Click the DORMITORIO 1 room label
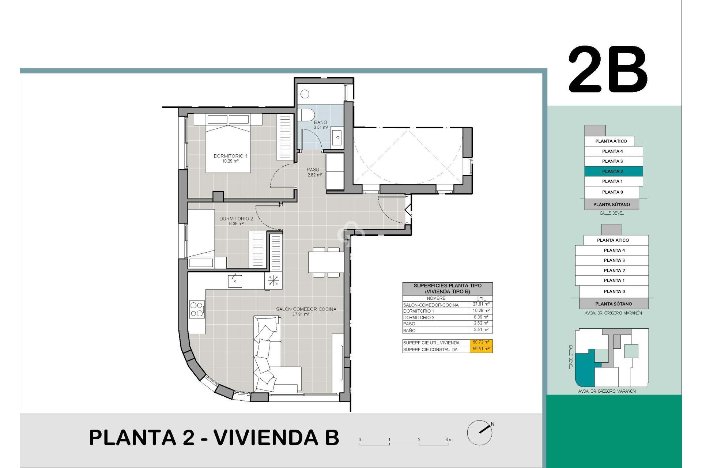pyautogui.click(x=230, y=156)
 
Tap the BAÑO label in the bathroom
pyautogui.click(x=320, y=122)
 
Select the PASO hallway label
pyautogui.click(x=313, y=170)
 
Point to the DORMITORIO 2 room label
pyautogui.click(x=236, y=219)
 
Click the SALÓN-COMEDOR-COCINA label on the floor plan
pyautogui.click(x=306, y=309)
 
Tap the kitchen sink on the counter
pyautogui.click(x=235, y=281)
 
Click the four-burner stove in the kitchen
pyautogui.click(x=197, y=309)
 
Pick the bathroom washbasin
pyautogui.click(x=337, y=137)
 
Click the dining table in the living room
pyautogui.click(x=326, y=262)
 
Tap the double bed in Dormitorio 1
pyautogui.click(x=228, y=148)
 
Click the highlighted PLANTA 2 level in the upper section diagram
pyautogui.click(x=613, y=171)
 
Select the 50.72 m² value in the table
pyautogui.click(x=481, y=343)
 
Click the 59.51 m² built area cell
pyautogui.click(x=481, y=349)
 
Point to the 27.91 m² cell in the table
pyautogui.click(x=481, y=304)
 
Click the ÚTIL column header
pyautogui.click(x=481, y=299)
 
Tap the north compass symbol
pyautogui.click(x=480, y=433)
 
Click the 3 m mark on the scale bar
pyautogui.click(x=449, y=440)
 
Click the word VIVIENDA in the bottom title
pyautogui.click(x=266, y=438)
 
